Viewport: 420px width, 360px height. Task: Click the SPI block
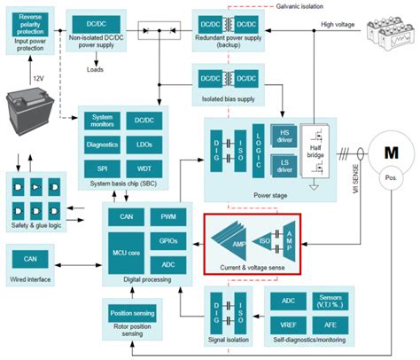click(x=103, y=168)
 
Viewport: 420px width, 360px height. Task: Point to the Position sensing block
click(x=131, y=313)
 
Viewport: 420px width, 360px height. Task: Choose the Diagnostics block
click(x=103, y=145)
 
